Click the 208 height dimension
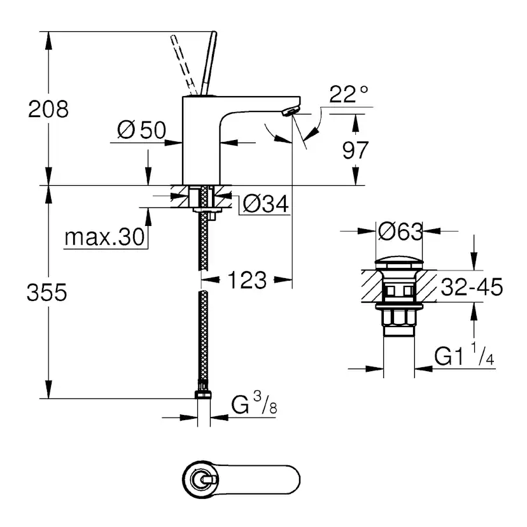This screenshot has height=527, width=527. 48,109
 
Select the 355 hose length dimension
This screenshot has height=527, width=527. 47,292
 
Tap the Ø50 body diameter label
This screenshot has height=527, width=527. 141,130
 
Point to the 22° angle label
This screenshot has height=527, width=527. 349,94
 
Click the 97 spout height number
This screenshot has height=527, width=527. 355,150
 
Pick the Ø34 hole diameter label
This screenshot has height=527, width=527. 265,204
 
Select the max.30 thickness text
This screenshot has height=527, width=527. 104,237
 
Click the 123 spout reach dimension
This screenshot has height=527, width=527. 247,279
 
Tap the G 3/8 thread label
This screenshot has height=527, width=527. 254,404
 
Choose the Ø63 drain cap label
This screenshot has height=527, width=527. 400,232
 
